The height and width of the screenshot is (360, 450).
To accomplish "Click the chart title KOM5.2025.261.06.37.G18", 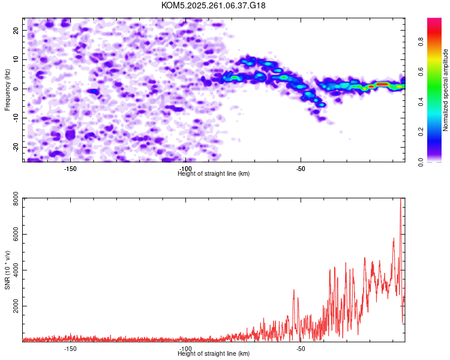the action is [213, 5].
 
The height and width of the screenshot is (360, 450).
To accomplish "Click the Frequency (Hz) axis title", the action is [7, 90].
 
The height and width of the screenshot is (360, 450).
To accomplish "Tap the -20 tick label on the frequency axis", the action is [16, 148].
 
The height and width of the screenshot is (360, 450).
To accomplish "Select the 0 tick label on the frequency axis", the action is [16, 89].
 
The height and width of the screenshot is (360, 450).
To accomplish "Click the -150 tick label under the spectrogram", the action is [70, 169].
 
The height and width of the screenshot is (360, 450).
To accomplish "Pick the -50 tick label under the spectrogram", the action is [301, 169].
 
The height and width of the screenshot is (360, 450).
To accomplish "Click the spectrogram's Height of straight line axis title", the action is [214, 173].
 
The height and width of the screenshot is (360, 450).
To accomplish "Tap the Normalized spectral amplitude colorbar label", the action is [445, 90].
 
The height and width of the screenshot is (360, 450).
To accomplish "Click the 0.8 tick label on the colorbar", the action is [421, 42].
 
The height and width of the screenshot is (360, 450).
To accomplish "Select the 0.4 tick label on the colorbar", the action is [421, 101].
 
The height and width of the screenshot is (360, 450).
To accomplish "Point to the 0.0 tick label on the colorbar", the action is [421, 162].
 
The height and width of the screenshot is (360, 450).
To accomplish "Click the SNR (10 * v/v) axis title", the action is [7, 270].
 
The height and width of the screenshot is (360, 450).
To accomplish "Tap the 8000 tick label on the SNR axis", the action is [16, 199].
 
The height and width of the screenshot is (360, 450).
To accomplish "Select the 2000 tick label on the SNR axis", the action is [16, 306].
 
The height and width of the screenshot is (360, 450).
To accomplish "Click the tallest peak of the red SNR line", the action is [401, 199].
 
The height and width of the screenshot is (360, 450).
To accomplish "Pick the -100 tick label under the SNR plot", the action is [185, 349].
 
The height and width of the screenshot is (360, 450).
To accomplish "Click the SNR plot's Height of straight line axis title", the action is [214, 353].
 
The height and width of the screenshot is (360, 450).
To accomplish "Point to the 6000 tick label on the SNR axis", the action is [16, 234].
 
